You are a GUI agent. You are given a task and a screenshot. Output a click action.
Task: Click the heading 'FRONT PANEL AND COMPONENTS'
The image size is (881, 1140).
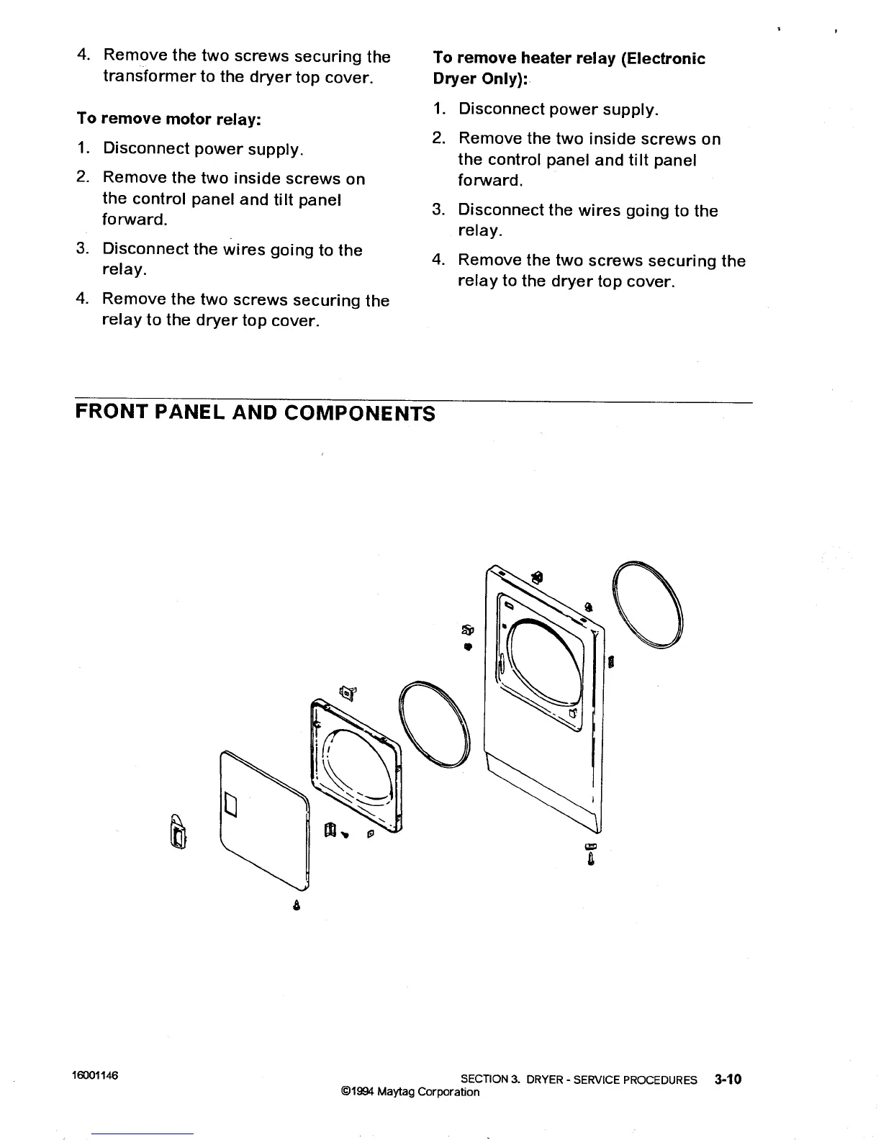click(x=255, y=413)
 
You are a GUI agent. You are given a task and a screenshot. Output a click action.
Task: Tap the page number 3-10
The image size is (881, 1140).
click(x=728, y=1079)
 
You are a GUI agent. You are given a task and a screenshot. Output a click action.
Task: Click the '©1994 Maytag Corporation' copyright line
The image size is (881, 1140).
click(x=410, y=1092)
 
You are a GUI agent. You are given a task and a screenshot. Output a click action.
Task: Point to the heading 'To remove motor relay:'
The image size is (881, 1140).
click(x=168, y=119)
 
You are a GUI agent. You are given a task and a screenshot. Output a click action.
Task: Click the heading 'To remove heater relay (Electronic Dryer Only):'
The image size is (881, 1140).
click(x=569, y=68)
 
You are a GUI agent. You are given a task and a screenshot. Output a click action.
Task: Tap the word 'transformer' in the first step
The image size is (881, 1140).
click(x=149, y=77)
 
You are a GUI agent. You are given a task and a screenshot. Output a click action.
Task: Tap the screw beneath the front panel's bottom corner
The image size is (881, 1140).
click(x=591, y=855)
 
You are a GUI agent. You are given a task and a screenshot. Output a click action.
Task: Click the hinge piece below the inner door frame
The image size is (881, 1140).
click(x=331, y=831)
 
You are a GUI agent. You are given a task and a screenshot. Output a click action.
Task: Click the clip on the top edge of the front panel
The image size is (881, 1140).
click(x=537, y=576)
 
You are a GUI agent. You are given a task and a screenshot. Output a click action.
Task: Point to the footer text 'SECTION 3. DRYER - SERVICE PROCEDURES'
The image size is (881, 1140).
click(x=579, y=1080)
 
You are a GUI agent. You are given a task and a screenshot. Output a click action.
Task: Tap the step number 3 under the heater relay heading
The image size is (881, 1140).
click(x=437, y=210)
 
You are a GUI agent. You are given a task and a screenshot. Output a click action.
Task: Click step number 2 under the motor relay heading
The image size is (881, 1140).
click(x=83, y=177)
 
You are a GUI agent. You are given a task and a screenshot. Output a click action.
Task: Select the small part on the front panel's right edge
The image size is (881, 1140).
click(x=611, y=661)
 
